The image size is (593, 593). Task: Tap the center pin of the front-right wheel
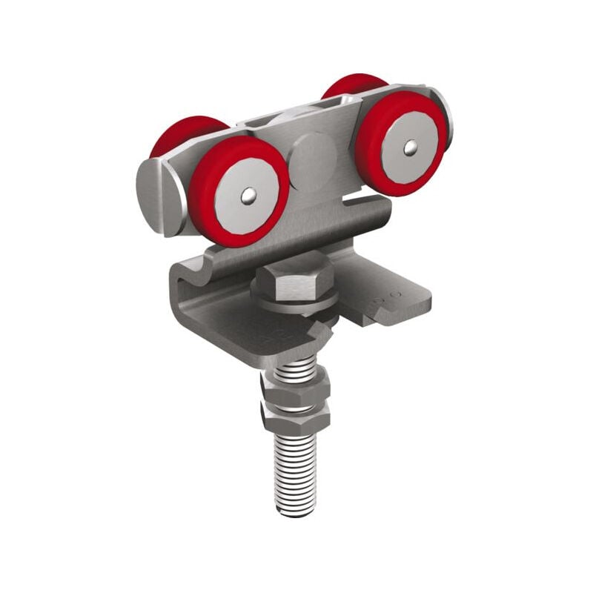pos(409,149)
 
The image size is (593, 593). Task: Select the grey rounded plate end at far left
pos(157,197)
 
